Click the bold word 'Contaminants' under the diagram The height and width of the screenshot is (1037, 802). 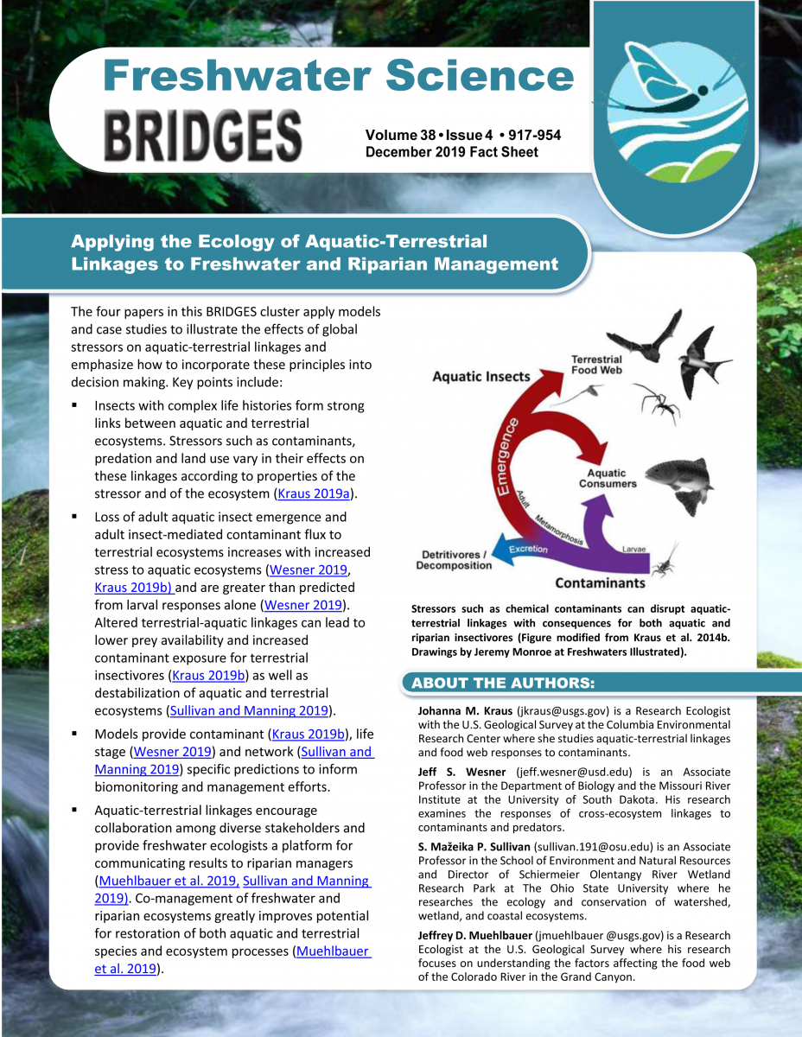click(600, 582)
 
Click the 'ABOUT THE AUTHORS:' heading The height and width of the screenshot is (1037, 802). click(503, 684)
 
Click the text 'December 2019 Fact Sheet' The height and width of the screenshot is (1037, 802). click(451, 152)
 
